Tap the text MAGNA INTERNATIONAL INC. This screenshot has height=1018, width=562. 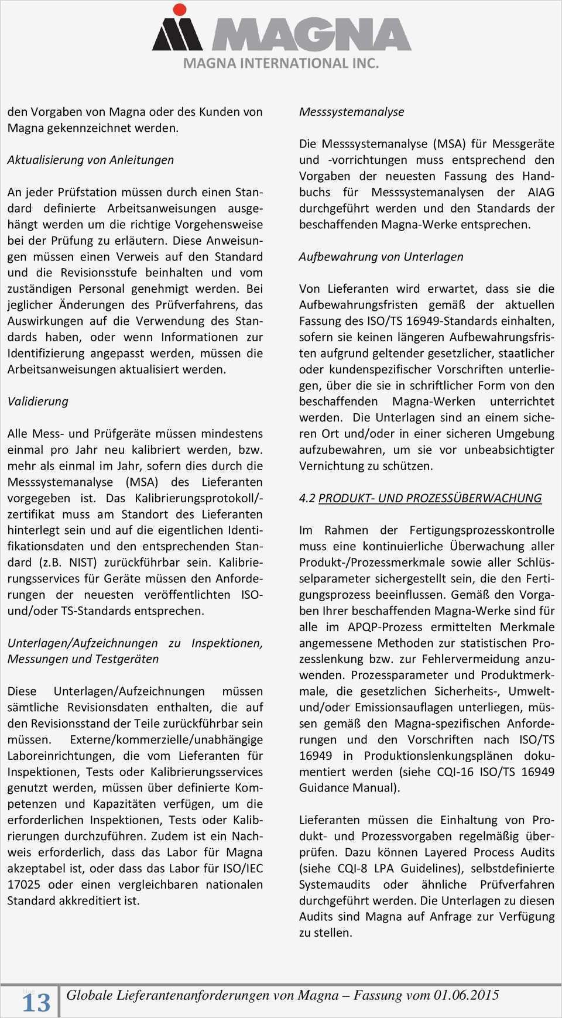coord(281,63)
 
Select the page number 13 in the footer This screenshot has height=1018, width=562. coord(36,1002)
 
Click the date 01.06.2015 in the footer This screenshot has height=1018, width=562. coord(466,995)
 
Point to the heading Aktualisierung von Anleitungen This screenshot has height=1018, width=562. coord(91,160)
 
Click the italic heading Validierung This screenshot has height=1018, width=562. coord(37,402)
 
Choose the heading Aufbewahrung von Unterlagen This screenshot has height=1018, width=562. coord(381,256)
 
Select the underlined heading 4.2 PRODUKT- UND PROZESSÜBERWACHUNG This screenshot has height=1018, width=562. coord(420,498)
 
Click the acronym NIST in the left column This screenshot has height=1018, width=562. coord(85,563)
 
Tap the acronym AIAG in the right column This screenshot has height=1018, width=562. coord(541,192)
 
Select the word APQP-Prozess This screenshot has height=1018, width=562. coord(377,627)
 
